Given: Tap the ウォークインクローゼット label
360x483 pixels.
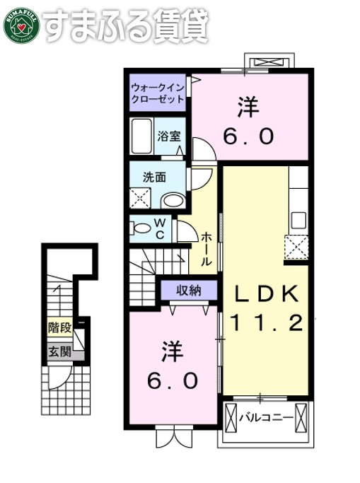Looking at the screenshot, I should pyautogui.click(x=157, y=93).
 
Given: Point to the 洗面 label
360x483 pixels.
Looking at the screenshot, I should pyautogui.click(x=154, y=178).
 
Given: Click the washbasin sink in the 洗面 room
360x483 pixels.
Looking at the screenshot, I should pyautogui.click(x=173, y=200).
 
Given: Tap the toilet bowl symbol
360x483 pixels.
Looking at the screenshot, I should pyautogui.click(x=141, y=227).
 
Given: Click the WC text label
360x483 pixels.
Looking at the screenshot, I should pyautogui.click(x=161, y=230).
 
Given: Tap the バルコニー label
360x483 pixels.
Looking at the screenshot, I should pyautogui.click(x=265, y=418).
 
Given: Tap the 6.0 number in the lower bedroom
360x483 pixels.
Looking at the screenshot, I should pyautogui.click(x=172, y=381).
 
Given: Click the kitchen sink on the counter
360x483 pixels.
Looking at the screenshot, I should pyautogui.click(x=298, y=219).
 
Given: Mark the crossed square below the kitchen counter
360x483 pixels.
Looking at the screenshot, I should pyautogui.click(x=296, y=248).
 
